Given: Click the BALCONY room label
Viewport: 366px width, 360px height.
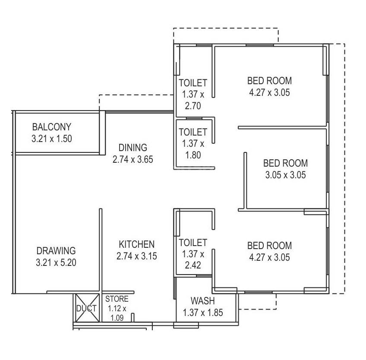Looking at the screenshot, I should (x=51, y=127).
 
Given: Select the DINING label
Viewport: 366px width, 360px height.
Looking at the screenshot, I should (x=133, y=148).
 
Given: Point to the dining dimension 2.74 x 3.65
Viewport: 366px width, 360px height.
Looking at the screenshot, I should (x=133, y=159).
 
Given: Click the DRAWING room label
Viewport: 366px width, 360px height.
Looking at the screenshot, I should (x=56, y=250).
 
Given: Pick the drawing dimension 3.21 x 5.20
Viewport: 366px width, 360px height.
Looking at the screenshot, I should (x=56, y=262).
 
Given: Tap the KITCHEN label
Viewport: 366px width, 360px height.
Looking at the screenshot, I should (x=137, y=244).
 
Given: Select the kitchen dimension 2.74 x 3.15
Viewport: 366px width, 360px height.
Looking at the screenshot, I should (x=137, y=256).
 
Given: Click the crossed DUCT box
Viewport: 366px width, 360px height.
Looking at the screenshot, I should (x=86, y=308).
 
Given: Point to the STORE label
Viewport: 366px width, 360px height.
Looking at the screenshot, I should (x=117, y=299).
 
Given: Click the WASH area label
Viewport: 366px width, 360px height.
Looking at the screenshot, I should (x=203, y=301).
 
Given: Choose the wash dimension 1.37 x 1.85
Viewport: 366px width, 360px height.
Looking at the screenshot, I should (x=203, y=313).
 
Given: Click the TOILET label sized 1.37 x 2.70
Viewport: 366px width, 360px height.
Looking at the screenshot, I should (x=193, y=82).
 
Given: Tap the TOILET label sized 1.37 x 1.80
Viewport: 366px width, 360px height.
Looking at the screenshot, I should (x=193, y=132).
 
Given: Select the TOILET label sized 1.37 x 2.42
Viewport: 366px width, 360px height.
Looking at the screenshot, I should (x=193, y=243).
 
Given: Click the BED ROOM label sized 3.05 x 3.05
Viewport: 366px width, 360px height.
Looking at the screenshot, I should (x=286, y=163).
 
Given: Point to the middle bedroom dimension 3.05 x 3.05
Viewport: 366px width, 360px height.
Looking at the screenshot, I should (x=286, y=175).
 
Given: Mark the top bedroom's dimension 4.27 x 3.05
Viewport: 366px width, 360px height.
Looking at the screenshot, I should (x=269, y=92).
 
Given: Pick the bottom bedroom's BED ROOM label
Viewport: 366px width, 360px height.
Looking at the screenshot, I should (x=269, y=246).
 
